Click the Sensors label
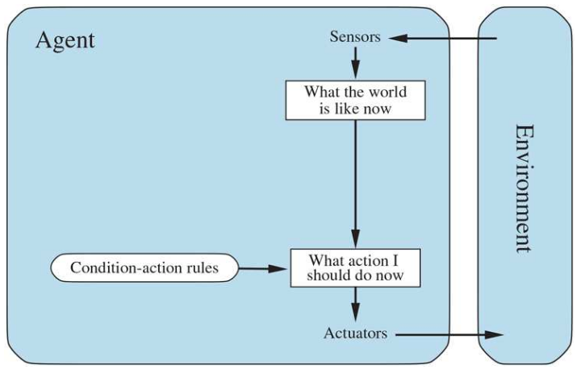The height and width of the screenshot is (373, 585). coord(355,37)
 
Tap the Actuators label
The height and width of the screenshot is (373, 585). coord(355,333)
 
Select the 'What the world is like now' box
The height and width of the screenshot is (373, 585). coord(355,100)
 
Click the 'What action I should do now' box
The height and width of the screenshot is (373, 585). coord(355,268)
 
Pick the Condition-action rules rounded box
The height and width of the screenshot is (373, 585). coord(144,268)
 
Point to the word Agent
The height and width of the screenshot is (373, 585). coord(65,40)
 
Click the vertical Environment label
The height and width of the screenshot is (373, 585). coord(524,188)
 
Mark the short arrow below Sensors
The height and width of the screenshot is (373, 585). coord(355,63)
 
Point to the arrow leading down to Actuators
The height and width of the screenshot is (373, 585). coord(355,305)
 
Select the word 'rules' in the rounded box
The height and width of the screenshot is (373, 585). coord(200,268)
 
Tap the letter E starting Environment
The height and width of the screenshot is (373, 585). coord(524,132)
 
